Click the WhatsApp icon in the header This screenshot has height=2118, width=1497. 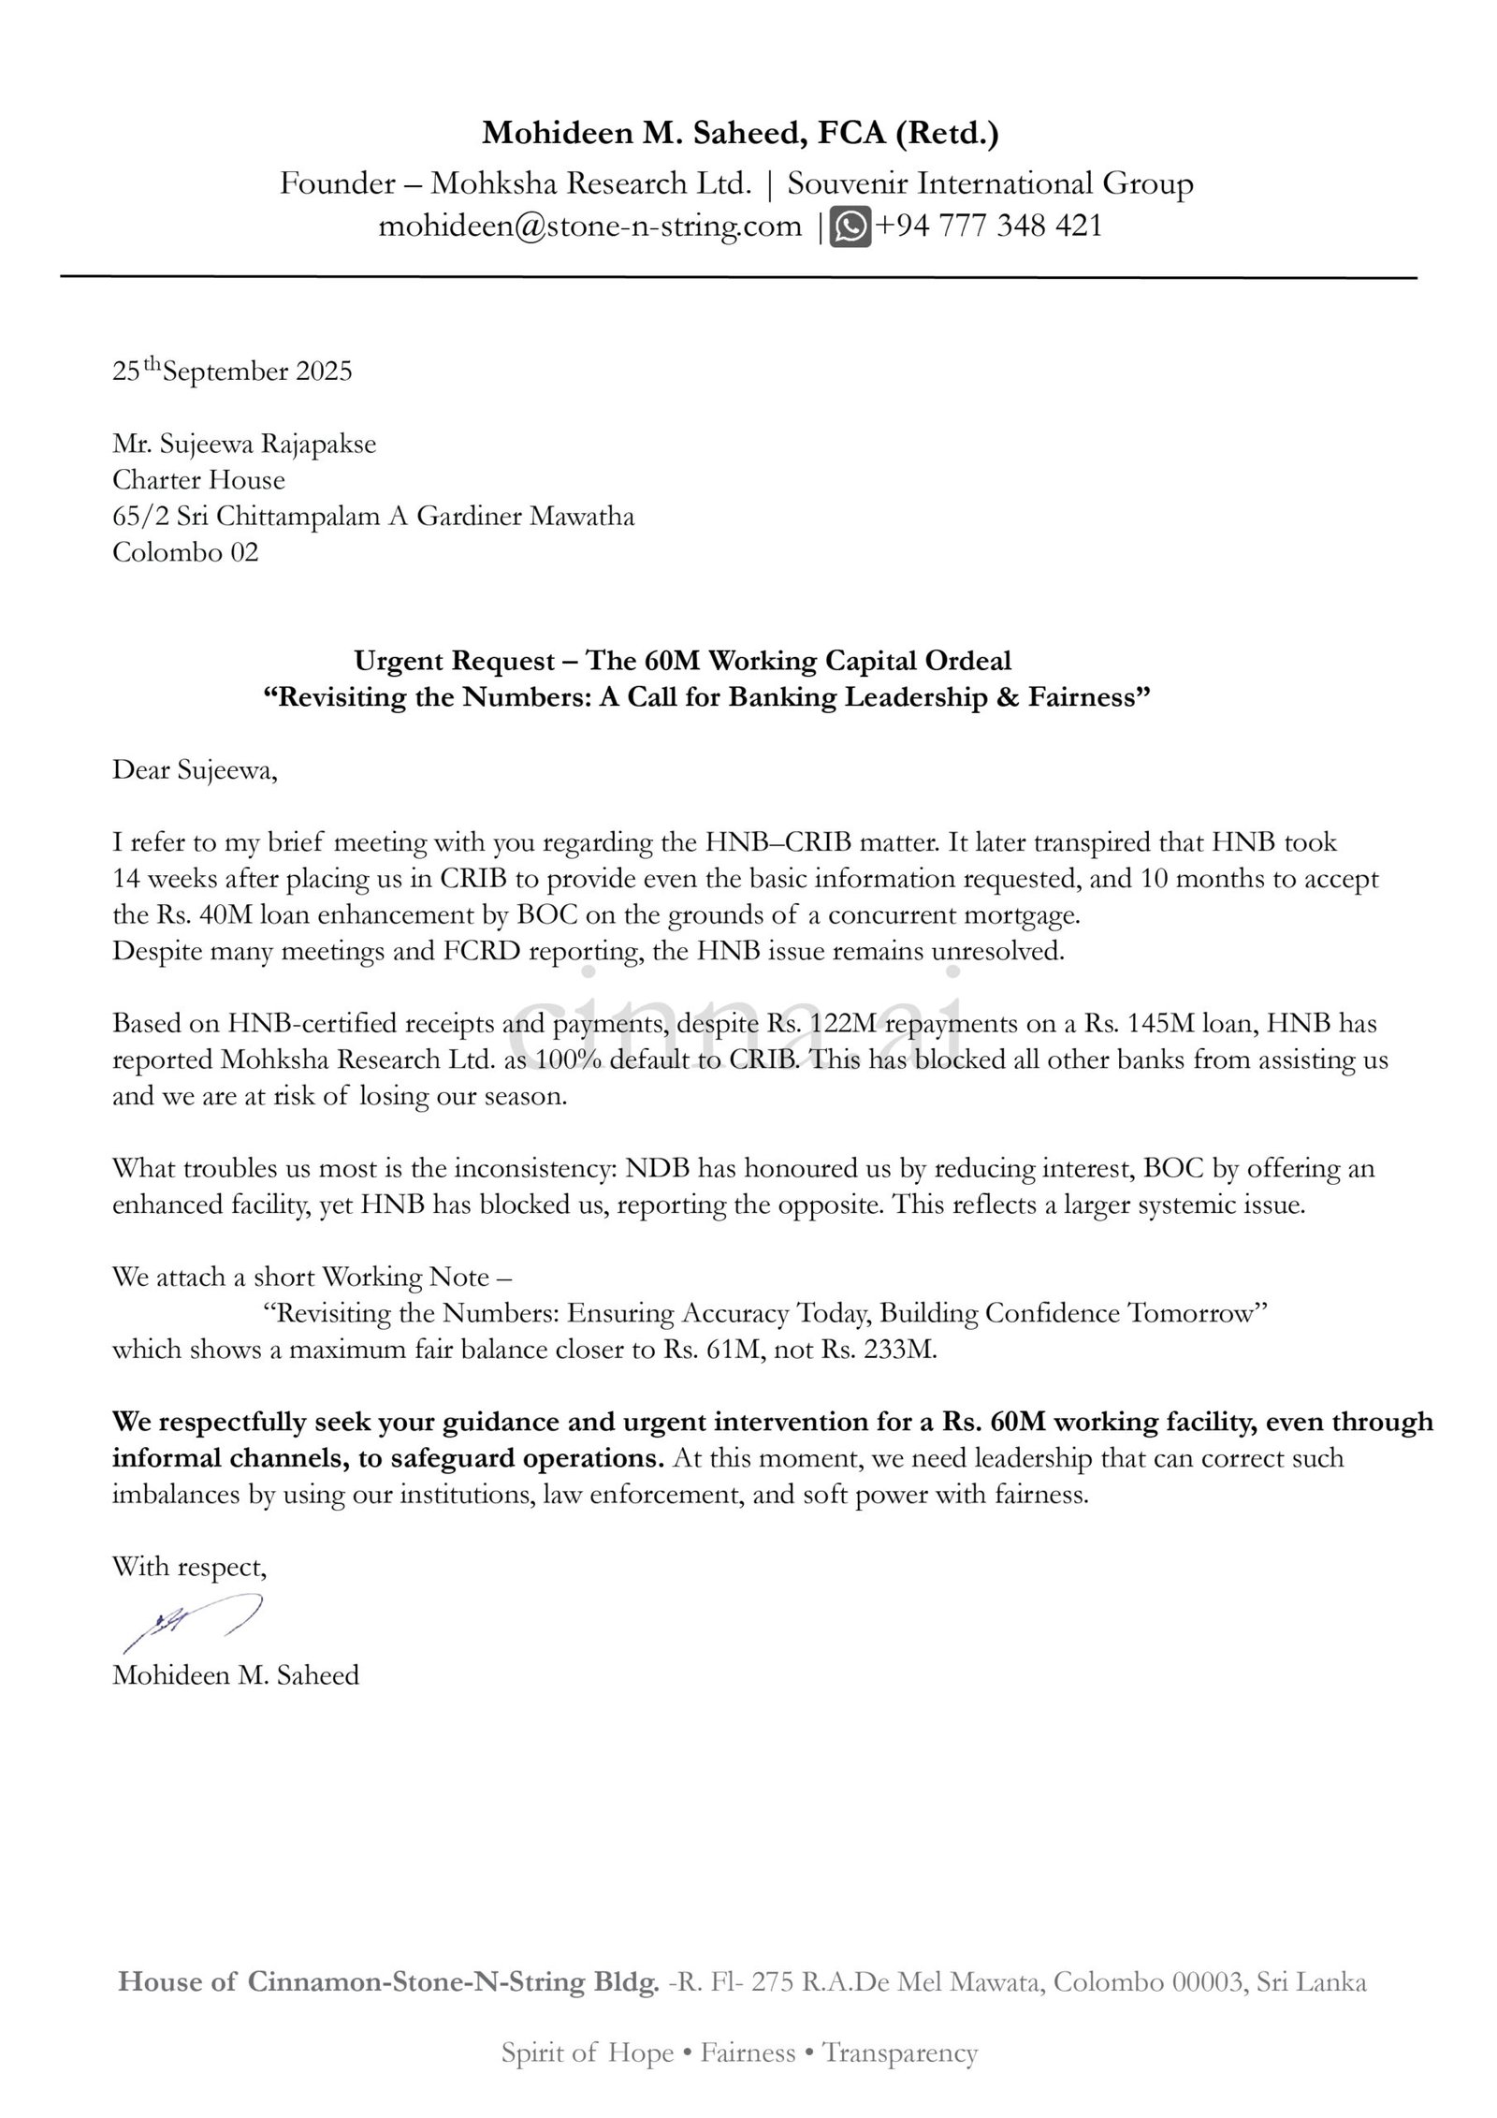coord(850,226)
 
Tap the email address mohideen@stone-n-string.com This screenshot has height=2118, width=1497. coord(589,226)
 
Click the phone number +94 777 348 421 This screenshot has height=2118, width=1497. coord(988,226)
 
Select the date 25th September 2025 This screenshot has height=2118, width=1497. coord(232,372)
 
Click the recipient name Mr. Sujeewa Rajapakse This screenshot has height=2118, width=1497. coord(244,444)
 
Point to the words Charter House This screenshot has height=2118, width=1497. coord(198,480)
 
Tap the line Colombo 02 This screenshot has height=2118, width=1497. coord(185,552)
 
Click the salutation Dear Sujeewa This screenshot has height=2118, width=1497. coord(195,770)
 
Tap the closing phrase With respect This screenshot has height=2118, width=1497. coord(190,1567)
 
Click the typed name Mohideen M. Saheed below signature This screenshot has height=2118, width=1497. coord(236,1674)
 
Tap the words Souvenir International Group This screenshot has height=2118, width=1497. coord(990,183)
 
